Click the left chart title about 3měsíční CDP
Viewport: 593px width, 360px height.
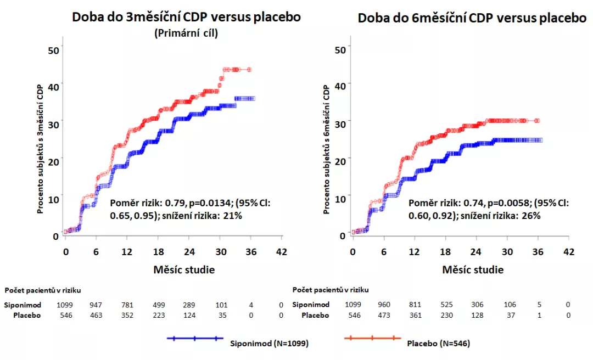coord(187,17)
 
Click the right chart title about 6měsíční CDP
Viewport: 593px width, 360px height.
coord(472,18)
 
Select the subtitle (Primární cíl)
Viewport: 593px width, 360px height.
coord(187,33)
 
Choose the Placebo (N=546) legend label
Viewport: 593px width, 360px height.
coord(439,344)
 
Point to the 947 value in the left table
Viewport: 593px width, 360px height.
coord(96,305)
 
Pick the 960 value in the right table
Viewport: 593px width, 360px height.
coord(384,305)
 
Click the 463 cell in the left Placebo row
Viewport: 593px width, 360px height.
coord(96,316)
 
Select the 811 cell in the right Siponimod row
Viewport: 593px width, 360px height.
coord(416,305)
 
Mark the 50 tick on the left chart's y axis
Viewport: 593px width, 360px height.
coord(53,49)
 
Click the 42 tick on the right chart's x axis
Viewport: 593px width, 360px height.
coord(569,252)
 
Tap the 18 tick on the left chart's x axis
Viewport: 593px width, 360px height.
coord(159,252)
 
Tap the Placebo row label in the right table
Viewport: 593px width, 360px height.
coord(315,316)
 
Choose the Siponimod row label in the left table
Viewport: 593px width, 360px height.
coord(22,305)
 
